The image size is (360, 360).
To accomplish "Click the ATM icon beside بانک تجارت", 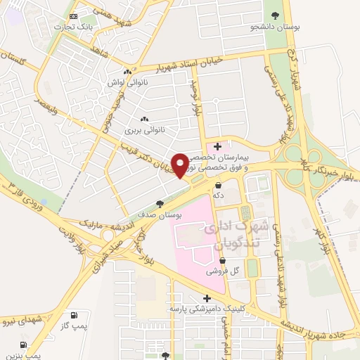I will (75, 15).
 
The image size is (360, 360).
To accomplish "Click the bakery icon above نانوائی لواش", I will (127, 72).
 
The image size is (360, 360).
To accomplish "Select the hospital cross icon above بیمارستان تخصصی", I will (218, 147).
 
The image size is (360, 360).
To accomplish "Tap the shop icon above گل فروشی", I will (222, 260).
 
